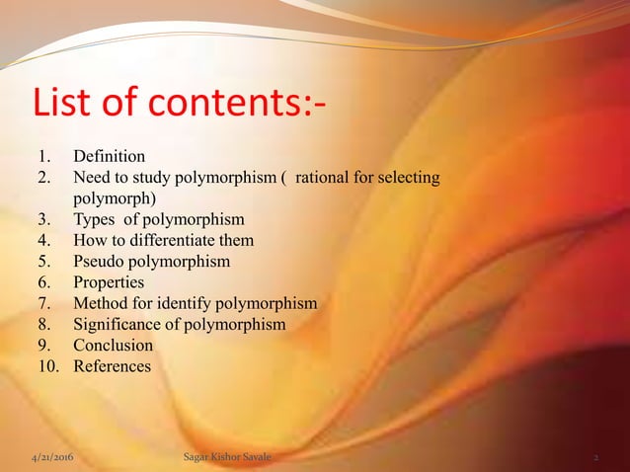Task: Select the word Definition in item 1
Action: (110, 156)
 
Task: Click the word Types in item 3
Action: (94, 219)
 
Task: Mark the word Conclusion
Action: (113, 346)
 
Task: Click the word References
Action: (112, 366)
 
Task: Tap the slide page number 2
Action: (596, 458)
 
